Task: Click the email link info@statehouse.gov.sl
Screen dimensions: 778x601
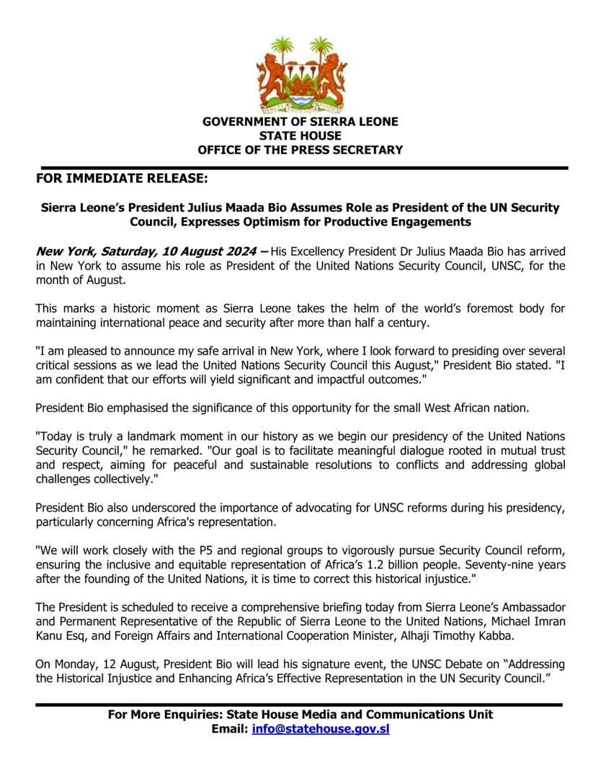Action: pyautogui.click(x=321, y=729)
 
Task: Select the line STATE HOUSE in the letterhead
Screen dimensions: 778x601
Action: pyautogui.click(x=300, y=136)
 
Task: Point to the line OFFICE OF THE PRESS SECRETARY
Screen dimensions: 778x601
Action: pyautogui.click(x=300, y=150)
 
